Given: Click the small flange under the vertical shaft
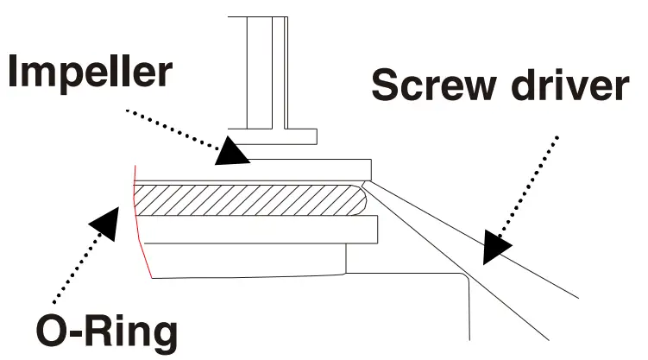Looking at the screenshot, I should coord(273,136).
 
